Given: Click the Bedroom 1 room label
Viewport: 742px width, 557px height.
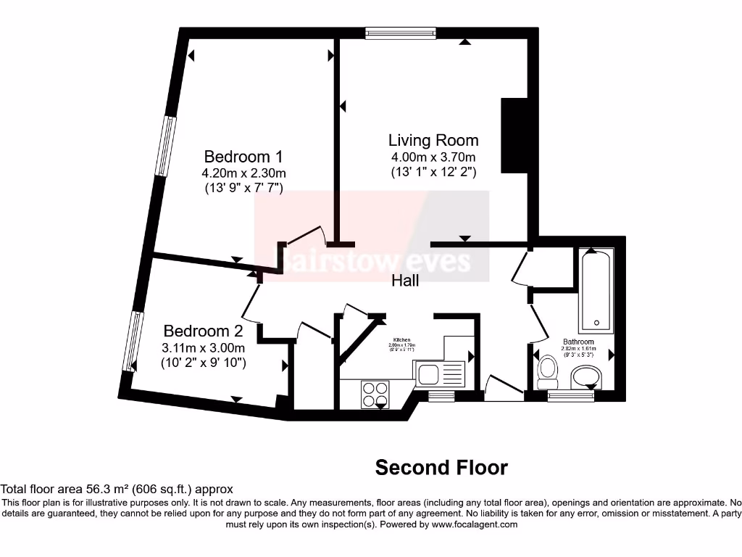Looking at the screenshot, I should point(243,157).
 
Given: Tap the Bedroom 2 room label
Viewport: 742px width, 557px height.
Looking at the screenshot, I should point(203,331).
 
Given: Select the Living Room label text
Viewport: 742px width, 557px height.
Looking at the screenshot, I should point(433,140).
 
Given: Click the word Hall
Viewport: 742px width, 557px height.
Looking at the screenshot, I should point(405,280).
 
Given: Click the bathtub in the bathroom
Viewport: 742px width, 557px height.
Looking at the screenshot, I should point(596,290).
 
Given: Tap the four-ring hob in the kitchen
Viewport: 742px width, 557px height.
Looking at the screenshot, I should point(375,394).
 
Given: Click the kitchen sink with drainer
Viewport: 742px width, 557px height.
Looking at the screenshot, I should point(440,374).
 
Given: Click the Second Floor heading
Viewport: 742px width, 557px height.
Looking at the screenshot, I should point(441,468).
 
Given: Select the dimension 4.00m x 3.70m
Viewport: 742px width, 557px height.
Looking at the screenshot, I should point(433,157).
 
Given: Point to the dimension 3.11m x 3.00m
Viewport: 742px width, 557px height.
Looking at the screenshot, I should point(203,348).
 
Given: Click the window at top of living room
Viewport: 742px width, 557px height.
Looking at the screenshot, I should point(401,33).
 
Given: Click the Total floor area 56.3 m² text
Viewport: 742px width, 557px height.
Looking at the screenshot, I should point(117,490).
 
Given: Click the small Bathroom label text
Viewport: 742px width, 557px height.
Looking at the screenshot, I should point(578,342).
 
